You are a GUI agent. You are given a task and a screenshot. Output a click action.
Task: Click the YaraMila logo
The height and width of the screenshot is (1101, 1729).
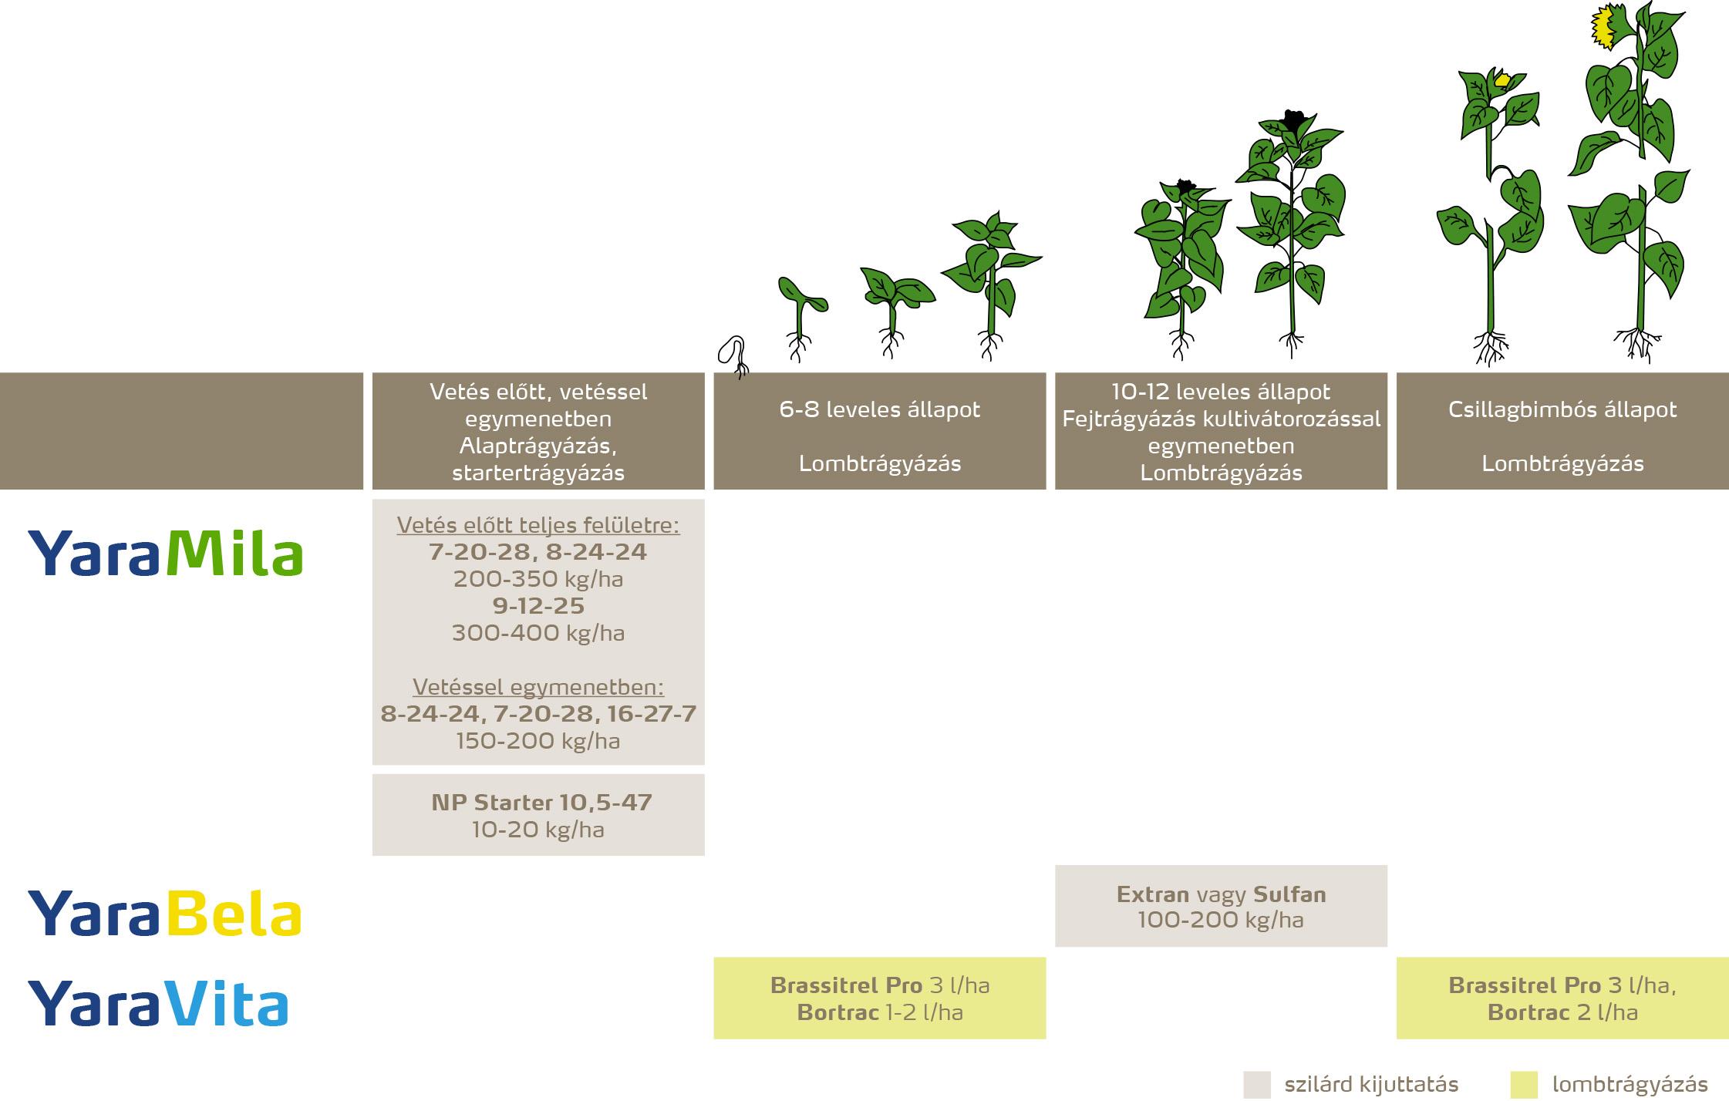point(166,552)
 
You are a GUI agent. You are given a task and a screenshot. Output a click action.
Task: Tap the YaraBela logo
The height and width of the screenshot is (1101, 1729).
point(164,913)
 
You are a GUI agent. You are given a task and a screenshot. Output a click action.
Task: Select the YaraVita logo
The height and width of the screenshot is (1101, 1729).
point(158,1003)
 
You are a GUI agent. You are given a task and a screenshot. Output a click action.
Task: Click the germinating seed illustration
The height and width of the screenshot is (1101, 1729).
point(733,354)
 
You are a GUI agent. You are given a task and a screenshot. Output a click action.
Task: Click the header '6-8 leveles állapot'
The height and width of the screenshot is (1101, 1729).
point(879,409)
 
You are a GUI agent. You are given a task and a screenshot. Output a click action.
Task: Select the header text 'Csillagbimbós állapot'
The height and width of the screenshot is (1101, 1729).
point(1562,409)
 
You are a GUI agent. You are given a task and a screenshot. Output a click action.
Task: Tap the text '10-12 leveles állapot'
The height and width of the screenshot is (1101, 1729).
point(1220,392)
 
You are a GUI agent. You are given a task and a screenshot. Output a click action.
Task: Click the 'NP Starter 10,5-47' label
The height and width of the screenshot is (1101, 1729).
point(541,803)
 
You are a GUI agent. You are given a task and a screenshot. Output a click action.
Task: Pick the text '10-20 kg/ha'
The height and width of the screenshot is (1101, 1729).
point(538,830)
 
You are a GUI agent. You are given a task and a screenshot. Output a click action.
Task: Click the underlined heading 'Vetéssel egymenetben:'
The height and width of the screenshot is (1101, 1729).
point(538,687)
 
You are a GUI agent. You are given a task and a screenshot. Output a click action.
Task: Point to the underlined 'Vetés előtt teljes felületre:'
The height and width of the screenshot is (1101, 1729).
point(538,525)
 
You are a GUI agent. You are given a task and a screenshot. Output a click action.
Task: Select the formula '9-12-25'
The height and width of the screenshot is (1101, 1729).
point(538,606)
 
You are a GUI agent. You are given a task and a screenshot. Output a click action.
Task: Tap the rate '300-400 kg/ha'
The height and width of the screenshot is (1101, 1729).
point(538,633)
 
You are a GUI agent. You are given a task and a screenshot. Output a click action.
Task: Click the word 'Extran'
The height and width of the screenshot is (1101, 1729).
point(1153,894)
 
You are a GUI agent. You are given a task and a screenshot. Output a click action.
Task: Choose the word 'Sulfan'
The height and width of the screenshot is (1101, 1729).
point(1289,894)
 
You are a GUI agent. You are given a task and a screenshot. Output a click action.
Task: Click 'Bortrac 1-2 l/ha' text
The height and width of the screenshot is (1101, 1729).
point(879,1012)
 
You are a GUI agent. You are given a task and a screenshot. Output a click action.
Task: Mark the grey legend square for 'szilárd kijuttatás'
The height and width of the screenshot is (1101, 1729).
point(1256,1084)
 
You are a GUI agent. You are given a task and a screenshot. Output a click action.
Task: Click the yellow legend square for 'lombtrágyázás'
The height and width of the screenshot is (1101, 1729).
point(1524,1084)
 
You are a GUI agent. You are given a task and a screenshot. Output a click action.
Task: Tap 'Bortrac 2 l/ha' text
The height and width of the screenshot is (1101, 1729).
point(1562,1012)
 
